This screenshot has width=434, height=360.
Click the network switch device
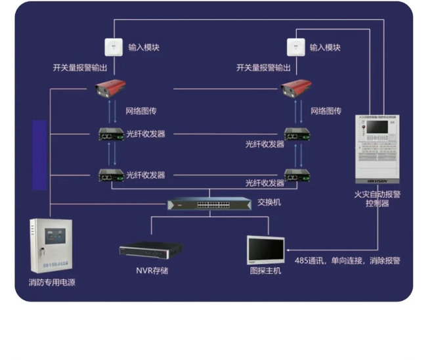click(208, 205)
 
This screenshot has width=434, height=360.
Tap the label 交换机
click(269, 202)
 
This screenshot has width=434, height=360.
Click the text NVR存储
click(152, 271)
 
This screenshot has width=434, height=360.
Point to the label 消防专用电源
click(52, 283)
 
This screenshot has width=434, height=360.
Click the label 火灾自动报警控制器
click(377, 198)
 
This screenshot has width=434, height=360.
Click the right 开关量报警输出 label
click(263, 68)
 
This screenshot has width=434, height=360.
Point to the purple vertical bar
click(40, 154)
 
